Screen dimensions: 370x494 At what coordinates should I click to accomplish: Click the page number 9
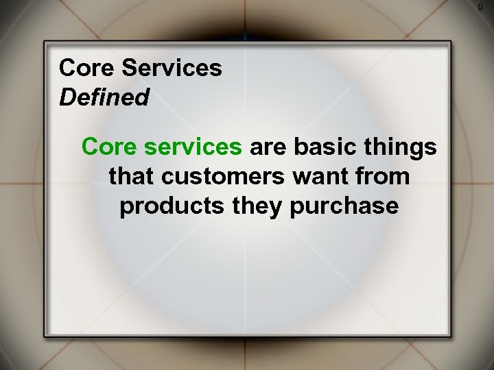[x=480, y=8]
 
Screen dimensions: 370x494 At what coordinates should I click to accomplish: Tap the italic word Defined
[x=104, y=97]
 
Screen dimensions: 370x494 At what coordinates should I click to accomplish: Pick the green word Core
[x=105, y=146]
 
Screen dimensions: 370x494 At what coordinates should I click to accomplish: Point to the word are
[x=272, y=146]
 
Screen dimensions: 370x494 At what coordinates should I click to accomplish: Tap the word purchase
[x=345, y=206]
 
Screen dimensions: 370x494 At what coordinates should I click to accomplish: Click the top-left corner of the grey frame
[x=45, y=43]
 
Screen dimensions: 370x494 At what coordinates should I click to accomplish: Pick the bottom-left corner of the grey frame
[x=45, y=336]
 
